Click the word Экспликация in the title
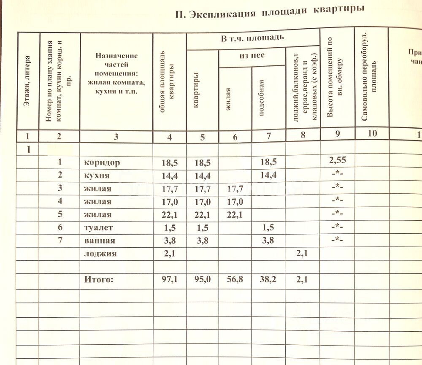pos(222,14)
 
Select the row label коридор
pos(102,162)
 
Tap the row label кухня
pos(97,176)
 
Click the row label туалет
pos(99,228)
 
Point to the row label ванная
pos(99,241)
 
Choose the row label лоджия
pos(100,254)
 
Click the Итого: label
pos(99,279)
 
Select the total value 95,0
pos(202,279)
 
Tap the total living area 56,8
pos(235,279)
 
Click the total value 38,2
pos(268,279)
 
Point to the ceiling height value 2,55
pos(337,160)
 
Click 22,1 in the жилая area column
pos(235,215)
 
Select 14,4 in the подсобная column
pos(268,176)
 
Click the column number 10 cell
pos(372,134)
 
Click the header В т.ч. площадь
pos(252,39)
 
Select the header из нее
pos(252,56)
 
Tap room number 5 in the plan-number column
pos(60,214)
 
